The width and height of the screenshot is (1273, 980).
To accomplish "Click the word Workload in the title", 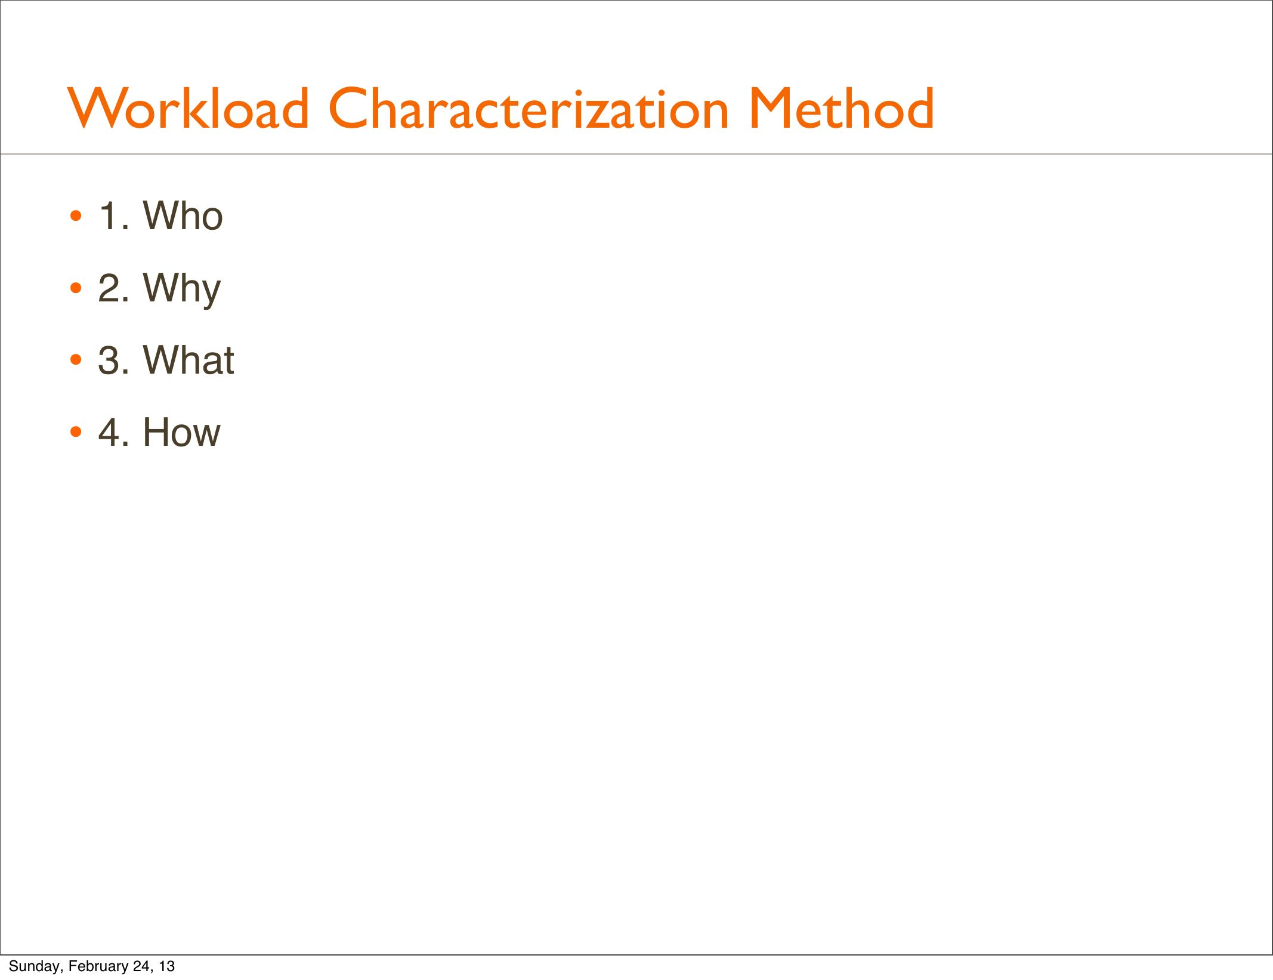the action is pyautogui.click(x=189, y=108).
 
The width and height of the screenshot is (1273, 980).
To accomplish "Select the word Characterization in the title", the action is pyautogui.click(x=529, y=108).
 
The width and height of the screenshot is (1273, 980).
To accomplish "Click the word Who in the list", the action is pyautogui.click(x=183, y=215).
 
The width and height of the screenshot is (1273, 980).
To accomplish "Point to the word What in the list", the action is pyautogui.click(x=189, y=360).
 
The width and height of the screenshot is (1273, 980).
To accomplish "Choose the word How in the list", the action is pyautogui.click(x=181, y=432).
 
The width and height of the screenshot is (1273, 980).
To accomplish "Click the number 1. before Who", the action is pyautogui.click(x=113, y=215).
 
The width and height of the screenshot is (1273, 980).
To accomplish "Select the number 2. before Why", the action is pyautogui.click(x=113, y=288).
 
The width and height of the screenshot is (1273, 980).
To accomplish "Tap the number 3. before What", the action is pyautogui.click(x=113, y=360).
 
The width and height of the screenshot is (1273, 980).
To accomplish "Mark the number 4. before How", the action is pyautogui.click(x=113, y=432).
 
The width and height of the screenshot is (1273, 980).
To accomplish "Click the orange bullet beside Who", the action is pyautogui.click(x=75, y=216).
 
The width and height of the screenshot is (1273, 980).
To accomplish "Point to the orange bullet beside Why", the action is pyautogui.click(x=75, y=288).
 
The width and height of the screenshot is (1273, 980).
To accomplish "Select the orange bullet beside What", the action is pyautogui.click(x=75, y=360).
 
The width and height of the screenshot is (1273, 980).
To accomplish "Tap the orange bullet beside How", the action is pyautogui.click(x=75, y=432).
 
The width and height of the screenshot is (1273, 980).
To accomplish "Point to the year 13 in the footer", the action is pyautogui.click(x=167, y=966).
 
